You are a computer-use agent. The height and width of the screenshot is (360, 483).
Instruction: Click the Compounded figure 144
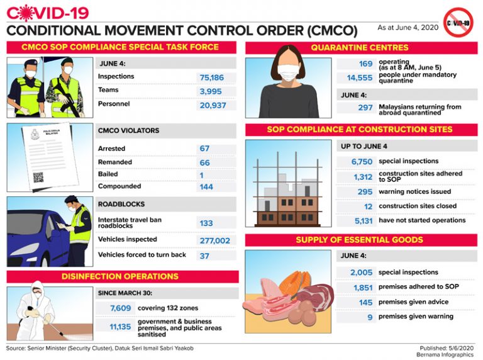[206, 187]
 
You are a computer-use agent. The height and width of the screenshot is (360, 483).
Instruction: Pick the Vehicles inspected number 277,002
[214, 240]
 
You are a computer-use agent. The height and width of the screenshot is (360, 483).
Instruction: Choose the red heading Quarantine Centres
[359, 47]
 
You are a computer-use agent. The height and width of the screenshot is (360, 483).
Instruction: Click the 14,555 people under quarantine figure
[360, 78]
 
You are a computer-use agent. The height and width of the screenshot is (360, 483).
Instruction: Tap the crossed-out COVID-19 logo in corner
[458, 23]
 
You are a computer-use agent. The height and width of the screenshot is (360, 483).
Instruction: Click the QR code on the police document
[38, 177]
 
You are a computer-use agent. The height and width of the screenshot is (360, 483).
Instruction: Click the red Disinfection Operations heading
[119, 276]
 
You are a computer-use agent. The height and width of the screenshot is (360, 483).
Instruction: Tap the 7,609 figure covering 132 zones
[120, 308]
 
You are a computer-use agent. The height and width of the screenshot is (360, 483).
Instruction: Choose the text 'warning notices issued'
[414, 192]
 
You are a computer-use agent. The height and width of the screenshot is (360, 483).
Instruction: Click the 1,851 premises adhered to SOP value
[363, 288]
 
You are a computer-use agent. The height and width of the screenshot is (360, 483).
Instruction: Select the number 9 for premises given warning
[370, 317]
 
